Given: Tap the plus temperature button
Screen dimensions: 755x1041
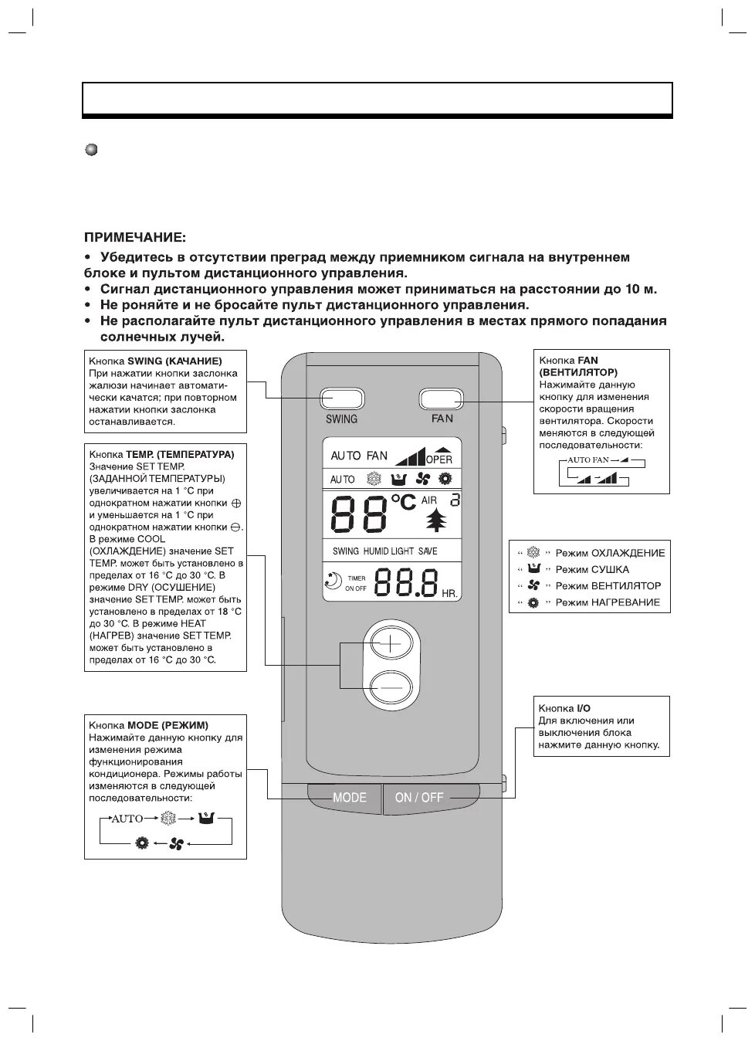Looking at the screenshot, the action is pos(392,642).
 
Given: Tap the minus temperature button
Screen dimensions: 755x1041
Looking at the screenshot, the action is pos(392,687).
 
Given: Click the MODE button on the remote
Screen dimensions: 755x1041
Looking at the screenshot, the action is pos(349,798).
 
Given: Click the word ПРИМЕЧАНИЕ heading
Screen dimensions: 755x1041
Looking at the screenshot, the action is pos(135,237).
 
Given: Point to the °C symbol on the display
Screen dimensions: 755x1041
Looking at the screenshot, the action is pos(403,502).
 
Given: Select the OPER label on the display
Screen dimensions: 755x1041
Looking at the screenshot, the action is pos(440,459).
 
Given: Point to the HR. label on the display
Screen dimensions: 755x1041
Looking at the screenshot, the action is pos(449,594).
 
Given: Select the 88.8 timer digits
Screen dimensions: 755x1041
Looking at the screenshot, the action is pos(406,583).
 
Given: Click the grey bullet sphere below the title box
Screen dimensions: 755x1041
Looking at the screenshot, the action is pos(91,149).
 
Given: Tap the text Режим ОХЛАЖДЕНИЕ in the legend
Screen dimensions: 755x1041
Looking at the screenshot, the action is pos(609,553).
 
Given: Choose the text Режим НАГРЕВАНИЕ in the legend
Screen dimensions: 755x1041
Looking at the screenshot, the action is pos(608,602).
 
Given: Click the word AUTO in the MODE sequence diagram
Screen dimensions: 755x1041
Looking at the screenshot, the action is pos(127,819).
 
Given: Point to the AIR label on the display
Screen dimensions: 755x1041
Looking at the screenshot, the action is pos(429,500).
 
